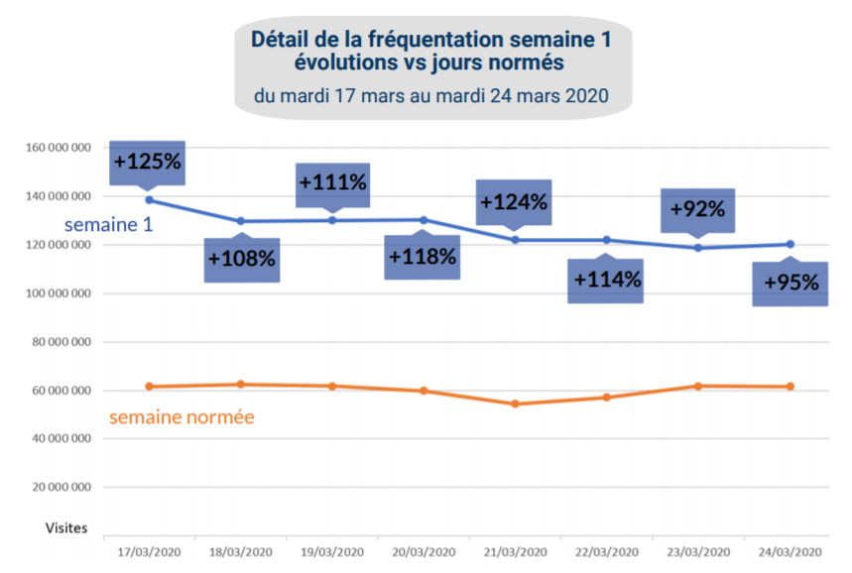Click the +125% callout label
pos(147,161)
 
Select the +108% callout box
pos(241,260)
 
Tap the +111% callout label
pos(332,182)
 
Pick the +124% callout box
pos(513,202)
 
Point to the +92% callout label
pos(697,209)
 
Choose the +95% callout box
pos(791,283)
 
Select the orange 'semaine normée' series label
pos(182,417)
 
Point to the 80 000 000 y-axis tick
pos(61,342)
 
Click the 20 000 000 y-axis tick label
pos(61,488)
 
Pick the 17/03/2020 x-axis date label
pos(149,551)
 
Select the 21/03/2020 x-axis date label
pos(516,551)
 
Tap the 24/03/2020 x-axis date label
pos(791,551)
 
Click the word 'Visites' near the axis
pos(66,528)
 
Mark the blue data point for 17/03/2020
pos(149,200)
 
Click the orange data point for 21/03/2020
pos(516,403)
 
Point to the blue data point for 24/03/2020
pos(791,244)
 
